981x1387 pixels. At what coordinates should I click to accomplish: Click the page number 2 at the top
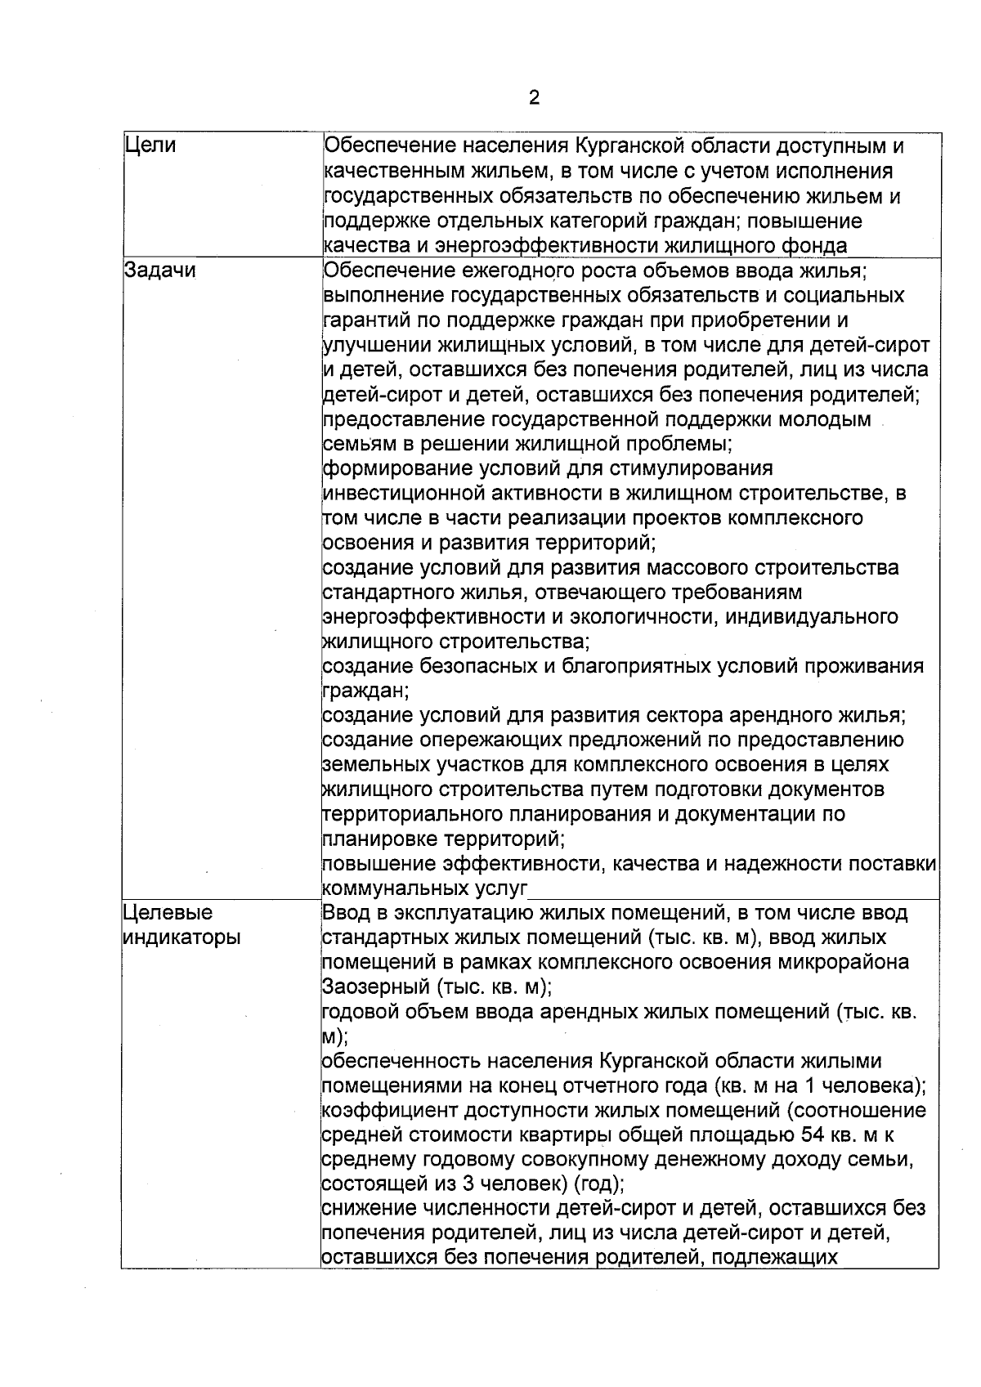[x=534, y=98]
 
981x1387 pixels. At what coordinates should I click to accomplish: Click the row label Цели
[x=150, y=146]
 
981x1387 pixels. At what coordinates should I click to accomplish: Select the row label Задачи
[x=160, y=271]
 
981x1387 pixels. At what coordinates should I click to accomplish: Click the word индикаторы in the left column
[x=181, y=937]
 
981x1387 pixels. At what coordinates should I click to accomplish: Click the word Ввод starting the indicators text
[x=347, y=913]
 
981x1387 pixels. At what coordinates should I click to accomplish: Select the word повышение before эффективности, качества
[x=380, y=864]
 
